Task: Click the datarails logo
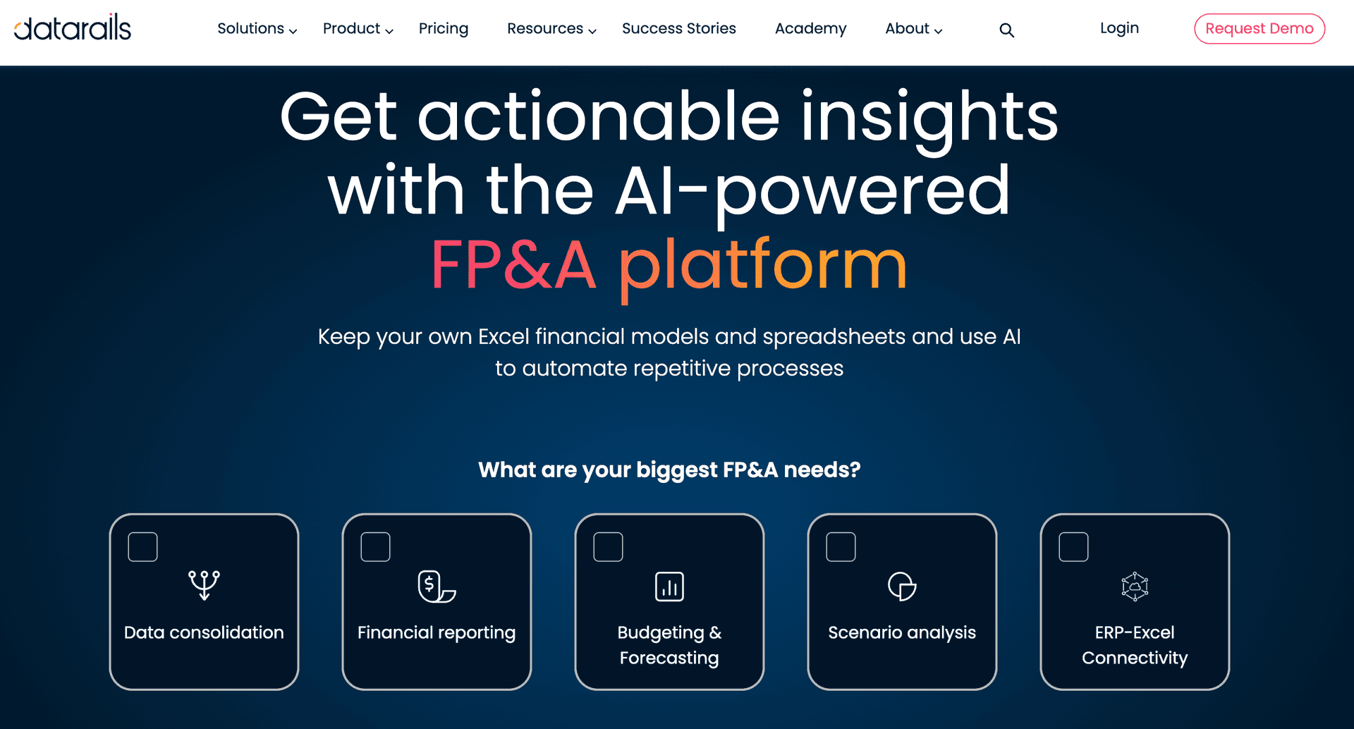[x=73, y=27]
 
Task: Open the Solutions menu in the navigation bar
[x=257, y=29]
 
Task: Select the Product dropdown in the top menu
[x=358, y=29]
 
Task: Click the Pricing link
[x=444, y=29]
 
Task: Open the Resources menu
[x=551, y=29]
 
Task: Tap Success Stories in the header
[x=679, y=28]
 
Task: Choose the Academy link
[x=810, y=29]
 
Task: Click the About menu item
[x=913, y=29]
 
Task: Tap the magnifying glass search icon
[x=1006, y=30]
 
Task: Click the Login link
[x=1119, y=28]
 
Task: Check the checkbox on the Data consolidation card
[x=142, y=547]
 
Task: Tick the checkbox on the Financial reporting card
[x=375, y=547]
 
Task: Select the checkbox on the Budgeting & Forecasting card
[x=608, y=547]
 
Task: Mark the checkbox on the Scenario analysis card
[x=841, y=547]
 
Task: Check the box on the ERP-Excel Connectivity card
[x=1073, y=547]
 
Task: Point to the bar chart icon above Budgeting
[x=669, y=587]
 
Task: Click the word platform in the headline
[x=763, y=267]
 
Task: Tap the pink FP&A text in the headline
[x=513, y=265]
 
